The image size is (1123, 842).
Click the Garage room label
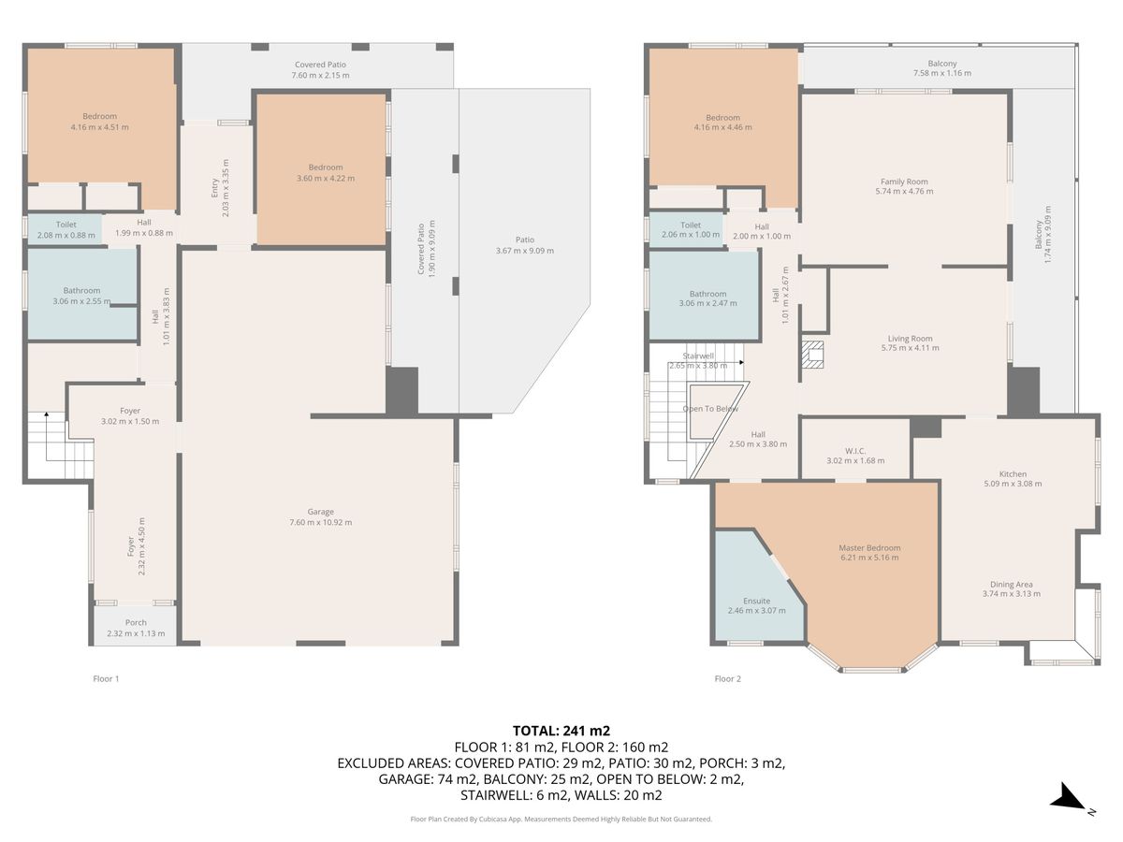pyautogui.click(x=320, y=511)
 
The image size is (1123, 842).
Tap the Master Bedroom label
pyautogui.click(x=869, y=547)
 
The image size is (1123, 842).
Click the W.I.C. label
pyautogui.click(x=855, y=451)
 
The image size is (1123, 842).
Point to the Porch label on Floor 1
pyautogui.click(x=136, y=622)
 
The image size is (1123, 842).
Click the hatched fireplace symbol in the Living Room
pyautogui.click(x=812, y=354)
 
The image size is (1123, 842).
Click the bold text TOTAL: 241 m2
pyautogui.click(x=561, y=731)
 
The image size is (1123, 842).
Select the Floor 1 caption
pyautogui.click(x=106, y=678)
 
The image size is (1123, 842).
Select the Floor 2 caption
pyautogui.click(x=727, y=678)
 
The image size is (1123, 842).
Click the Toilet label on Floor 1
pyautogui.click(x=66, y=225)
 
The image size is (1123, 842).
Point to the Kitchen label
pyautogui.click(x=1013, y=474)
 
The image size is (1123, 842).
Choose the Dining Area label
pyautogui.click(x=1011, y=585)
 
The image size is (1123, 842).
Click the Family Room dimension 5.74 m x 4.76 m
pyautogui.click(x=904, y=191)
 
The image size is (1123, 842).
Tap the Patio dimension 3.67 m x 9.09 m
pyautogui.click(x=524, y=251)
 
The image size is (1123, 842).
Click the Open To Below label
pyautogui.click(x=710, y=409)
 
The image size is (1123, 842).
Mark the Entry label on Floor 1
pyautogui.click(x=215, y=188)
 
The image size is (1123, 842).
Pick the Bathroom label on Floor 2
pyautogui.click(x=707, y=294)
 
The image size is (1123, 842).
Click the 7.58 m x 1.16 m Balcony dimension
pyautogui.click(x=941, y=73)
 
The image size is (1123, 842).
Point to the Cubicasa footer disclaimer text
pyautogui.click(x=561, y=819)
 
